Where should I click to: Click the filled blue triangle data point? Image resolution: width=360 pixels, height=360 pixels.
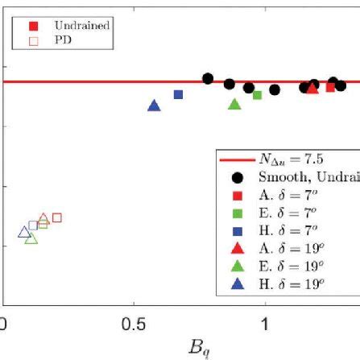point(155,106)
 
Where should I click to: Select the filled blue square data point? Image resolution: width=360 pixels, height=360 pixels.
point(179,94)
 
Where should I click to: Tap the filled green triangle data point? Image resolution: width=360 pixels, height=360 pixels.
point(234,104)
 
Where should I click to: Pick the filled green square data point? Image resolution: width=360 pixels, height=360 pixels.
point(257,95)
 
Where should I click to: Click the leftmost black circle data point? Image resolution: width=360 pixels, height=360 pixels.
point(208,78)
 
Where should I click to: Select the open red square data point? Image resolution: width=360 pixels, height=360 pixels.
point(56,217)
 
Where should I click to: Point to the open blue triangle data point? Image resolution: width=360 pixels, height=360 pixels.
point(23,232)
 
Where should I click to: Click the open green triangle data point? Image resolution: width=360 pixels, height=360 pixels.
point(31,238)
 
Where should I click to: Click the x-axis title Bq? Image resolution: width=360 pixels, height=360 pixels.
point(198,350)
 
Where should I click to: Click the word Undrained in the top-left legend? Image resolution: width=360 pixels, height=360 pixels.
point(81,27)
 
